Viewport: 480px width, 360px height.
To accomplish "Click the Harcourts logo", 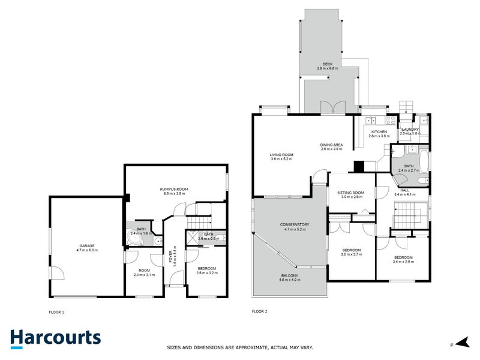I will coord(55,337).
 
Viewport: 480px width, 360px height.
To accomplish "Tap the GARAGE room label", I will coord(88,245).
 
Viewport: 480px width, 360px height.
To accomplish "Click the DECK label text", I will coord(327,64).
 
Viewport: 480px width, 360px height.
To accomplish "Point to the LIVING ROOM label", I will coord(281,154).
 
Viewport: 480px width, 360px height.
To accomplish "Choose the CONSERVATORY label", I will coord(294,224).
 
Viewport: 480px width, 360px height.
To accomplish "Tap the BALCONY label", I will coord(289,276).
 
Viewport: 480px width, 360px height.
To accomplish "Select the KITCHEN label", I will coord(379,131).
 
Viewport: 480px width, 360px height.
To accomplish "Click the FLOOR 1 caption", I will coord(56,312).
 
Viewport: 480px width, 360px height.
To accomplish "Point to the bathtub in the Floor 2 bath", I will coord(424,162).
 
